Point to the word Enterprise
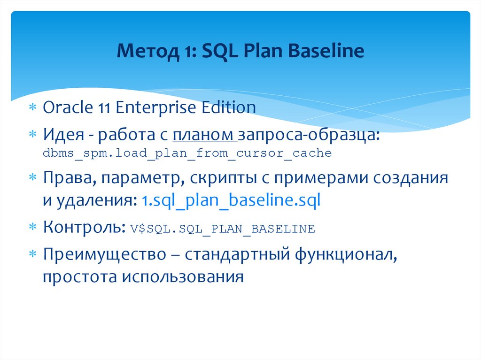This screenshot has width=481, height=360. click(156, 107)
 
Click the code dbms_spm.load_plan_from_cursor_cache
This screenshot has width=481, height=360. click(187, 153)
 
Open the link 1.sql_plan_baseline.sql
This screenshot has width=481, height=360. click(231, 201)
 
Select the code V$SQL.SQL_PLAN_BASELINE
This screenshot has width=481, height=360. click(222, 229)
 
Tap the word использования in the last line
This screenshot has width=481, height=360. click(184, 277)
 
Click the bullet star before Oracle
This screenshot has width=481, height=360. click(32, 108)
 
